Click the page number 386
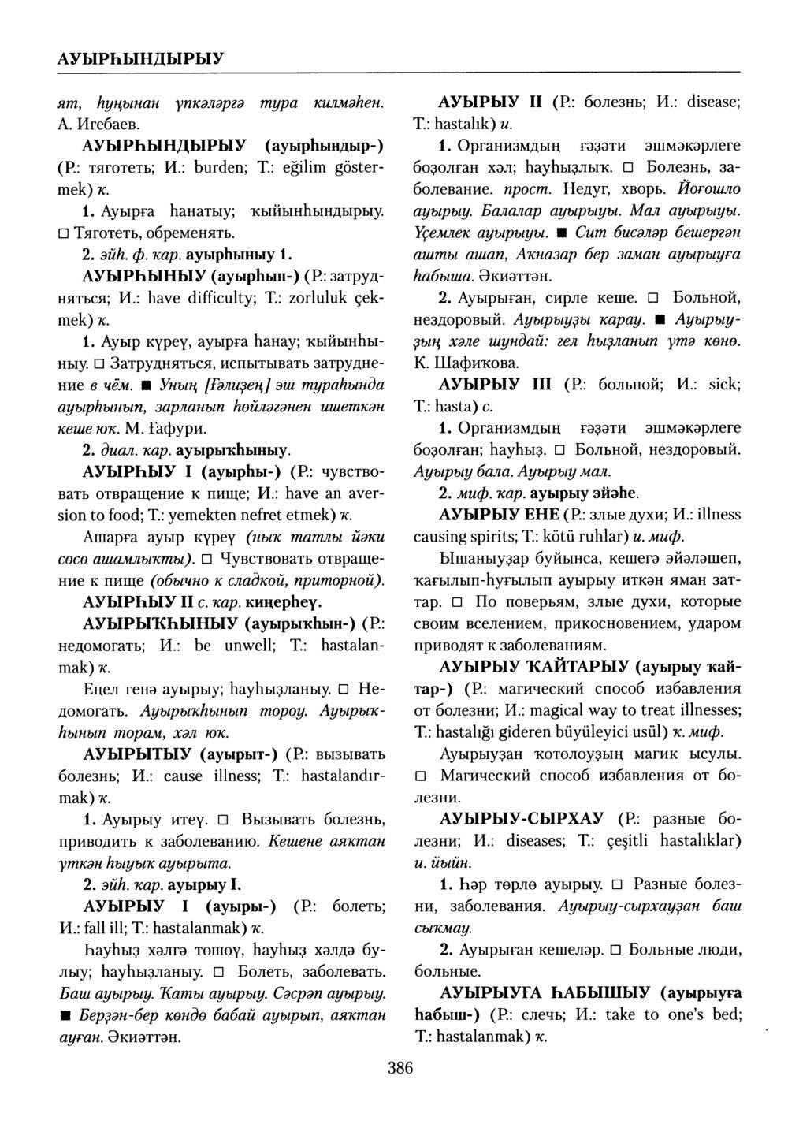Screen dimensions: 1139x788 click(400, 1069)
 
